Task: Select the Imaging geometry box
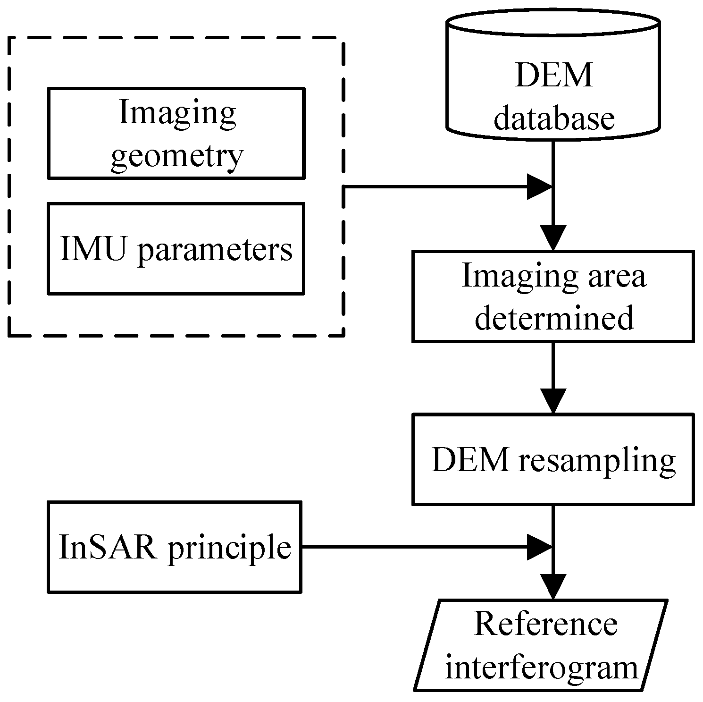tap(176, 133)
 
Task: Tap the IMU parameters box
tap(176, 249)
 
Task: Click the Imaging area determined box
tap(553, 296)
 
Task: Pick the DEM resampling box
tap(553, 459)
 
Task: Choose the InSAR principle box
tap(175, 547)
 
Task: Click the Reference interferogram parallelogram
tap(541, 645)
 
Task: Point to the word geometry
tap(177, 155)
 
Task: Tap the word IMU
tap(93, 249)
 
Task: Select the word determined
tap(554, 318)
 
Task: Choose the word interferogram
tap(541, 668)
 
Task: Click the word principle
tap(229, 548)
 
